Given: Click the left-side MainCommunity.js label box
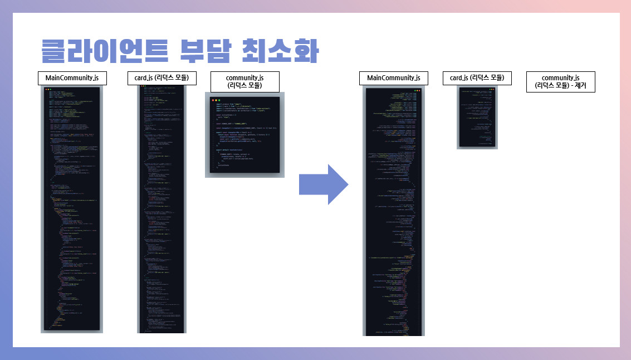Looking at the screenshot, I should click(72, 78).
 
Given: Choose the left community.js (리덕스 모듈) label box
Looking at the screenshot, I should click(244, 81).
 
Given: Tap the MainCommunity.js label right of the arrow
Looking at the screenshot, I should click(393, 78).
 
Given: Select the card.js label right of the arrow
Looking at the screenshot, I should click(477, 78).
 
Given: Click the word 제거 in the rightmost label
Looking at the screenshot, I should click(585, 86).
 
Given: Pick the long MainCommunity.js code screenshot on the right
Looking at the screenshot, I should click(393, 212).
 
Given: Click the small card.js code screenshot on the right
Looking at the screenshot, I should click(477, 118).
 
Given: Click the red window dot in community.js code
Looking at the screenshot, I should click(213, 100).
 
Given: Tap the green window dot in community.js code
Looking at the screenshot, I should click(220, 100).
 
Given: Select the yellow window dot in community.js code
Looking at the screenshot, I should click(217, 100).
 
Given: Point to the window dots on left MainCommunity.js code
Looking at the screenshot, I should click(48, 90).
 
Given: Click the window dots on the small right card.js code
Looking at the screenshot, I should click(492, 90).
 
